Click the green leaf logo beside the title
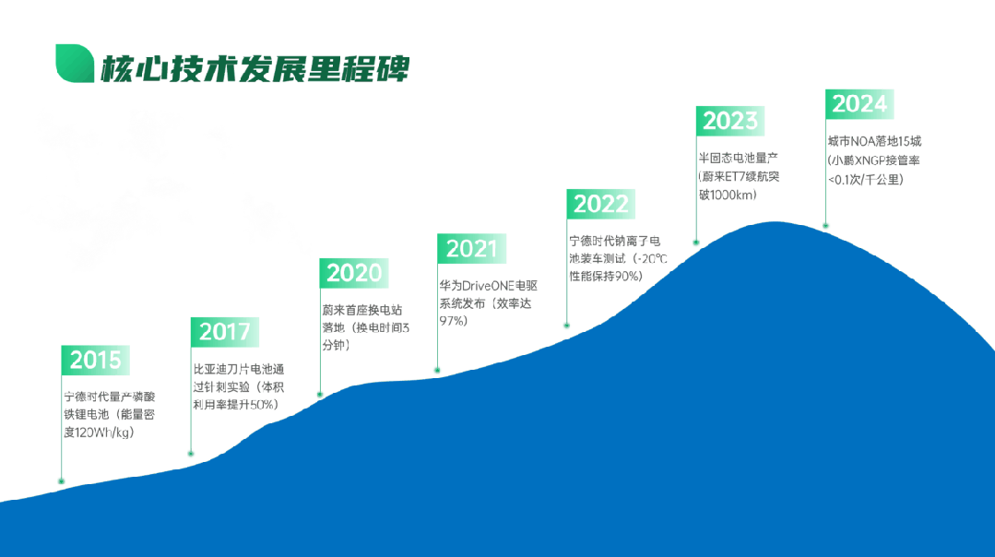coord(75,64)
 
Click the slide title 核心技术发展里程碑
coord(255,66)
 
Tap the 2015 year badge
coord(96,360)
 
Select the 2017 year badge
coord(225,331)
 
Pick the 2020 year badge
coord(354,273)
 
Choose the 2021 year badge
coord(471,248)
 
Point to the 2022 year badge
coord(601,204)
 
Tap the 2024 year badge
coord(859,104)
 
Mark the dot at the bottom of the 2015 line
coord(61,481)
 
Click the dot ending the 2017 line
coord(191,453)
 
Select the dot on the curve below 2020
coord(320,395)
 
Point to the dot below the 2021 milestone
coord(437,370)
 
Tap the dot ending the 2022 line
coord(567,326)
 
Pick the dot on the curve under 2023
coord(696,243)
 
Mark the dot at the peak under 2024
coord(825,225)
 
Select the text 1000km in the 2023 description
coord(735,195)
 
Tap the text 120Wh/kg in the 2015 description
coord(104,433)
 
